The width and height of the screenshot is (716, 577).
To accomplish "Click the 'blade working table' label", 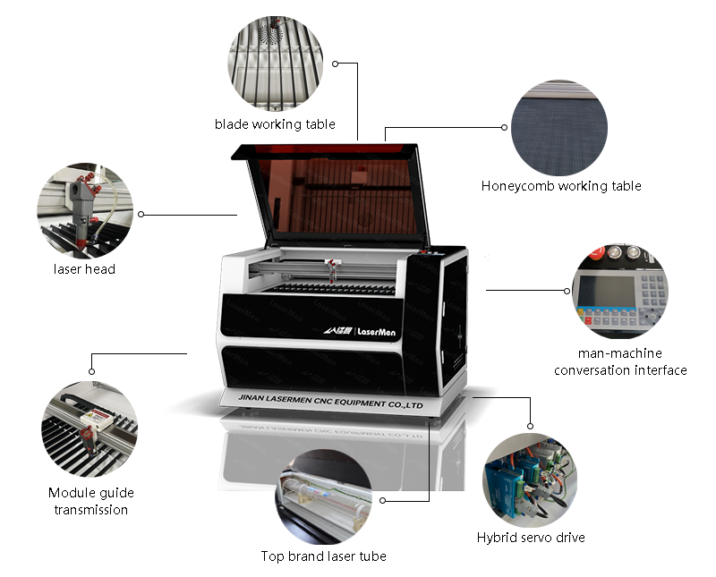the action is [x=275, y=124].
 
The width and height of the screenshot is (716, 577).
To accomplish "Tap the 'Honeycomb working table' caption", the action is [x=561, y=186].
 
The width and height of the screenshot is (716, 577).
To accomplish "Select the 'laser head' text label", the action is [x=84, y=269].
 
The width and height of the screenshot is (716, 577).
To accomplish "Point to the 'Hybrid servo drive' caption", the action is [x=531, y=538].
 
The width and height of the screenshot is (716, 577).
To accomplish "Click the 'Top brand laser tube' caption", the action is [x=323, y=556].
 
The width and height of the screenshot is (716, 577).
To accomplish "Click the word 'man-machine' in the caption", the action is [x=619, y=353].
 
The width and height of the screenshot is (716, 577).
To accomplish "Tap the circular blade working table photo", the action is [x=275, y=64].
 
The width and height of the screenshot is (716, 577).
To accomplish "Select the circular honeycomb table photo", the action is [x=558, y=128].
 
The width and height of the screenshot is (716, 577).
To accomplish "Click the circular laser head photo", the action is [x=85, y=211].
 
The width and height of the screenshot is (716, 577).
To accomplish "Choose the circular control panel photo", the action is [x=619, y=291].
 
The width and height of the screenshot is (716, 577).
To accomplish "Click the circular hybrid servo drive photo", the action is [x=530, y=480].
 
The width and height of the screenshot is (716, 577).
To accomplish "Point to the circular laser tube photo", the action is [x=323, y=496].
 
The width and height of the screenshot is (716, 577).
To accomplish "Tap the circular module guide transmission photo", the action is [x=89, y=429].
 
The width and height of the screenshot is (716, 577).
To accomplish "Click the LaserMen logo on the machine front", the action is [x=360, y=331].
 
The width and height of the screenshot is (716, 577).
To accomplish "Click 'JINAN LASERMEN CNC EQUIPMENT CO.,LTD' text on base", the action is [x=330, y=402].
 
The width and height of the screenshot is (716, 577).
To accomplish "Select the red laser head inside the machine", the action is [x=333, y=269].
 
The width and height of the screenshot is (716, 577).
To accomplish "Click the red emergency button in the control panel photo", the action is [x=596, y=254].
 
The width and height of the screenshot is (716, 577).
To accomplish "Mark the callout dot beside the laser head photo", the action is [x=141, y=214].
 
